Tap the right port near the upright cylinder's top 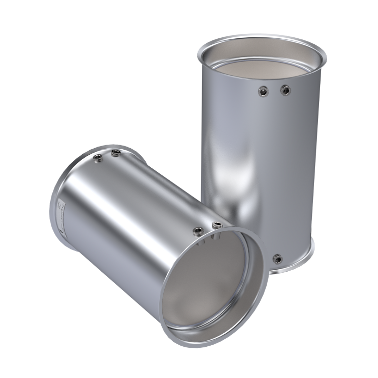click(x=286, y=91)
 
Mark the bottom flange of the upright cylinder click(x=302, y=262)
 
